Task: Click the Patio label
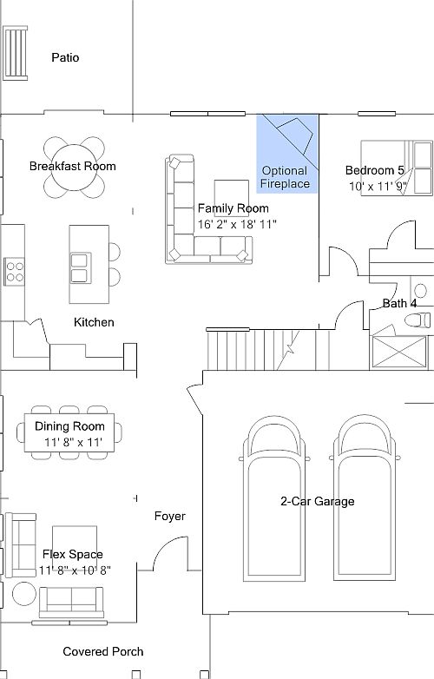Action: [65, 57]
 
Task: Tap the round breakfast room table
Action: [74, 168]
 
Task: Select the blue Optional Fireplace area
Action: [287, 154]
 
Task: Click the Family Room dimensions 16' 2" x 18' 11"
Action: [237, 224]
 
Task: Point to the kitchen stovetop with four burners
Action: [14, 272]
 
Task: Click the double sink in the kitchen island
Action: [80, 268]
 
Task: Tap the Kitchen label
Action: [94, 322]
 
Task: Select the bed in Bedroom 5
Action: [397, 168]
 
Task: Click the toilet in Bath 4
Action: [418, 320]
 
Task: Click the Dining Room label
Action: [69, 426]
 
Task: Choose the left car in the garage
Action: [274, 498]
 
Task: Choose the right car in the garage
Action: [365, 498]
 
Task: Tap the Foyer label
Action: [170, 516]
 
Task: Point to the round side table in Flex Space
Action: [24, 594]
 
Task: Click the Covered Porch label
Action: [103, 652]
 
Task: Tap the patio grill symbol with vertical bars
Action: [16, 53]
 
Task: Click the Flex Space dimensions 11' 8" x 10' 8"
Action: [75, 570]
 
